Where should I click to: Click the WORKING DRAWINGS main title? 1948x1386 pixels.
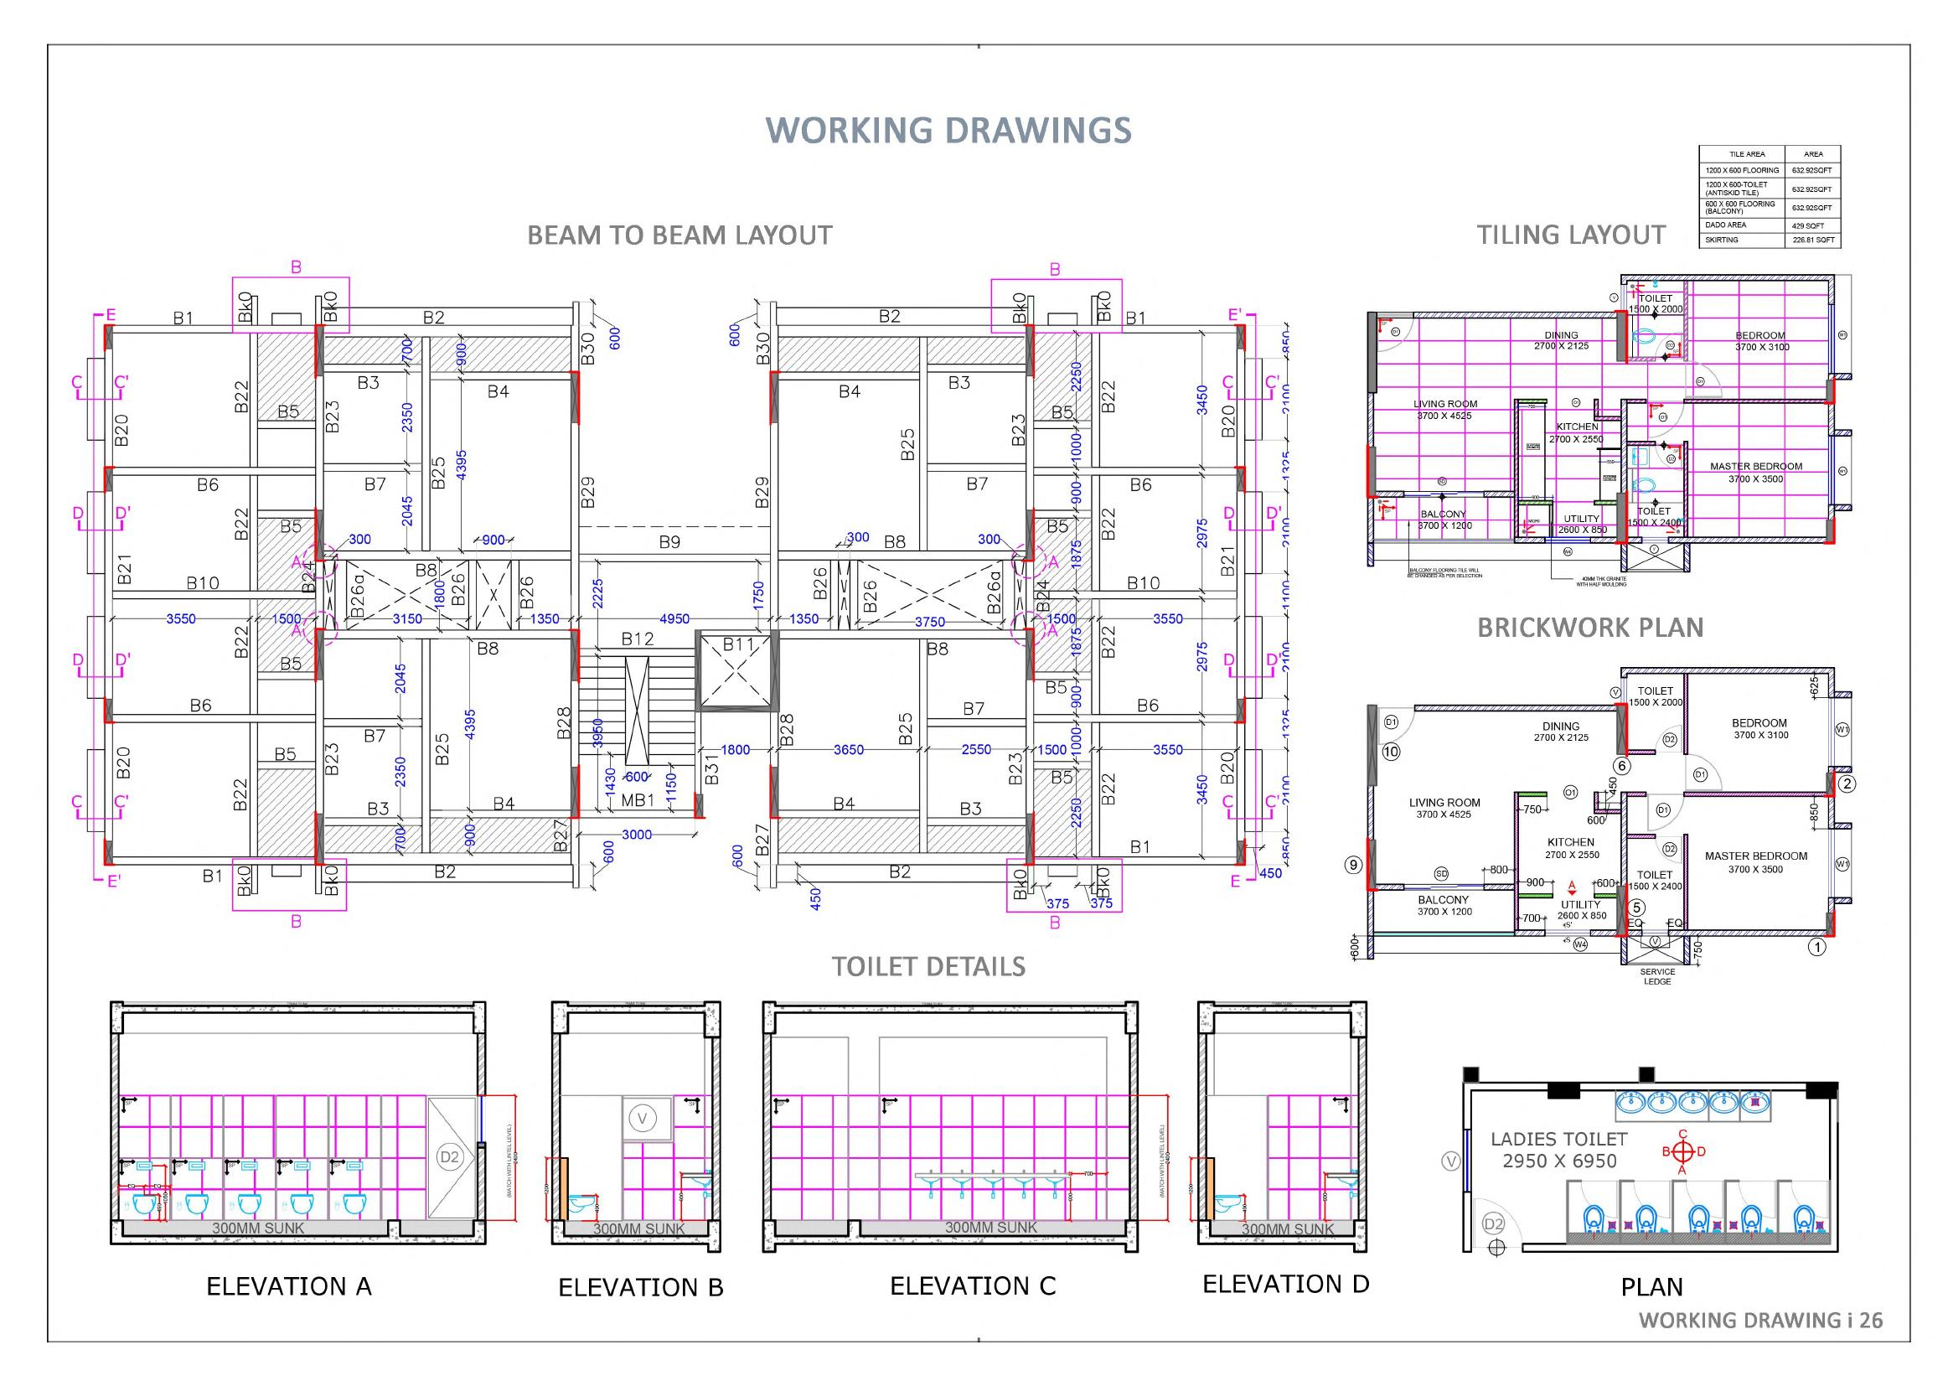[948, 130]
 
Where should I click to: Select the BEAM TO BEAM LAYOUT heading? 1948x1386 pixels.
[679, 235]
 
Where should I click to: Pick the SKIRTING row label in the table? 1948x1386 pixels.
[1722, 240]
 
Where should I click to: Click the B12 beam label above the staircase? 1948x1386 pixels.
[638, 639]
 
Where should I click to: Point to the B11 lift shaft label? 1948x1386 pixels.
[739, 645]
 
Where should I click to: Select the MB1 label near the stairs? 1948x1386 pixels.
[638, 800]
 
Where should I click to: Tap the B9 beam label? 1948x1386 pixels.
[669, 541]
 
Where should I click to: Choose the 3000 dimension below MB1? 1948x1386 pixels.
[637, 834]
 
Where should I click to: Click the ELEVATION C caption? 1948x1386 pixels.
[973, 1286]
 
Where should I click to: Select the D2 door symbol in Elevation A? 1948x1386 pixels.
[450, 1157]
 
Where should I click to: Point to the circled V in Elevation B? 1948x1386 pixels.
[643, 1117]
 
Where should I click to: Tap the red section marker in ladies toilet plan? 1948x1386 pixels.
[1682, 1151]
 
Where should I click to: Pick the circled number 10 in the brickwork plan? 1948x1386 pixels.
[1392, 752]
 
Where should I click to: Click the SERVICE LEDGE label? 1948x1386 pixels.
[1657, 976]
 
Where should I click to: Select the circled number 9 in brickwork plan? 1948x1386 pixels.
[1353, 866]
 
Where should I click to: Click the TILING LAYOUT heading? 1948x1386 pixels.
[1571, 235]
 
